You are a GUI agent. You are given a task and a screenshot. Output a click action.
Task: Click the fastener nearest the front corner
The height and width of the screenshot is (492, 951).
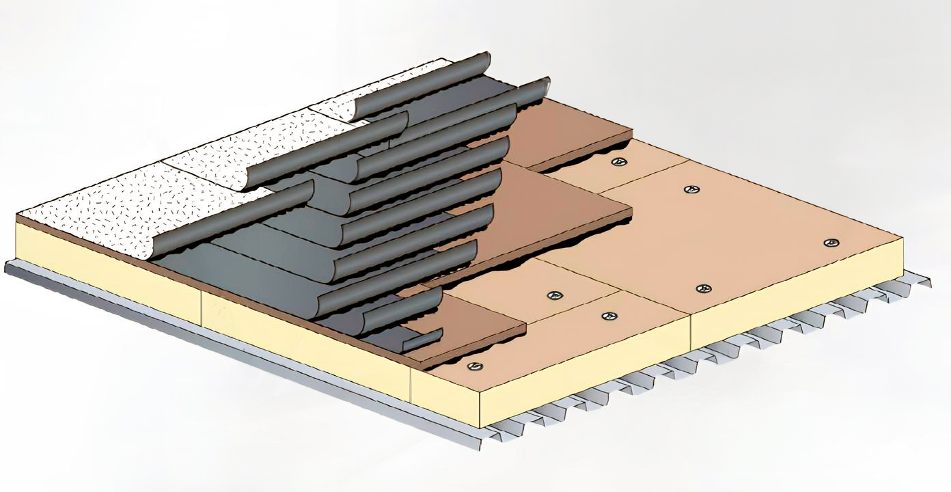pos(473,366)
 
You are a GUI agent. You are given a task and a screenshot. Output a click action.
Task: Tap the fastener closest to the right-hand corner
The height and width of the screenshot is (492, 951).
pos(831,243)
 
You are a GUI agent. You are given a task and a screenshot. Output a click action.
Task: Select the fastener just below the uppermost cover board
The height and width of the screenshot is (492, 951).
pos(620,162)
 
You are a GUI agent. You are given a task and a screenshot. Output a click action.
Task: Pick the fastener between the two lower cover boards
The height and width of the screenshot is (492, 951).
pos(555,296)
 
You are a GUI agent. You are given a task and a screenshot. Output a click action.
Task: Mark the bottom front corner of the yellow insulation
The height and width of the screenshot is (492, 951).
pos(481,427)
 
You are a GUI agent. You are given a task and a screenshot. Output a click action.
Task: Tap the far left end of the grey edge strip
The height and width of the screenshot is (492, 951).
pos(8,266)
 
